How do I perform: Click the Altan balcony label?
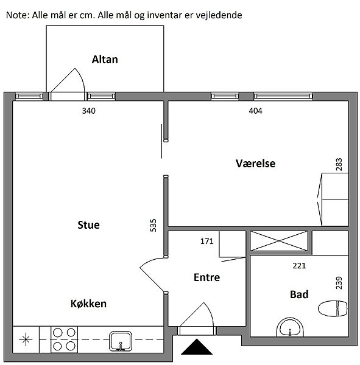[105, 60]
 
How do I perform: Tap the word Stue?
[88, 225]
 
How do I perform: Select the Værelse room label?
[255, 163]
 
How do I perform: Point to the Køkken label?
[88, 304]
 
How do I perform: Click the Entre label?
[207, 277]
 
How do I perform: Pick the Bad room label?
[299, 294]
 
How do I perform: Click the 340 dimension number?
[88, 111]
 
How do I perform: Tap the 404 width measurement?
[255, 111]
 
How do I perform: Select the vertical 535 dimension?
[153, 225]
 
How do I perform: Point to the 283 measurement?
[339, 164]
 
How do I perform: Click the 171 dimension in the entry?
[207, 241]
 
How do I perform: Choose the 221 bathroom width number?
[299, 266]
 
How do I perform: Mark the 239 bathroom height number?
[339, 283]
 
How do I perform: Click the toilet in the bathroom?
[333, 308]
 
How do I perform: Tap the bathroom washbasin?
[290, 327]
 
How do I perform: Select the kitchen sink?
[121, 341]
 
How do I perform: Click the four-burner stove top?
[64, 339]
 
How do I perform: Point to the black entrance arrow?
[197, 347]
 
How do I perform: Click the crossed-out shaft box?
[279, 241]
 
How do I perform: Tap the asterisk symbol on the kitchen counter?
[26, 339]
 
